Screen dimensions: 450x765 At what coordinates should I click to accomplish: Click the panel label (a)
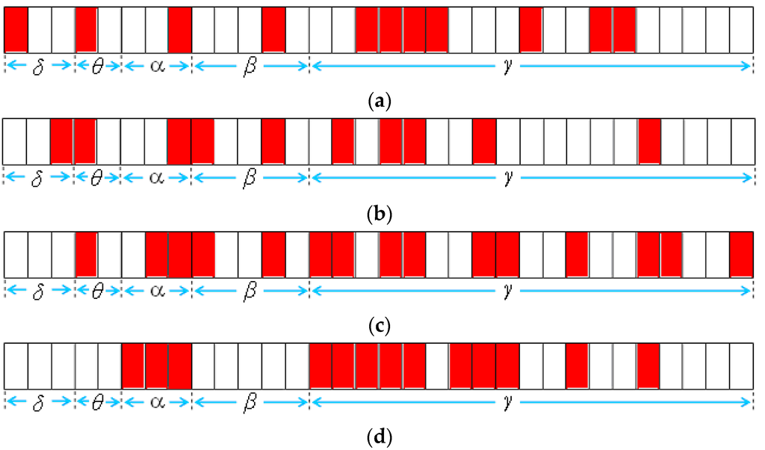coord(382,101)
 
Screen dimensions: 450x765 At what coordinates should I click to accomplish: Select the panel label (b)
coord(382,213)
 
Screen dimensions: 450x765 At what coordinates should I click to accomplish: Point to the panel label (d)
coord(382,437)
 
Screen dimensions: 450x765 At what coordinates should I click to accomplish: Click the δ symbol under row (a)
coord(39,67)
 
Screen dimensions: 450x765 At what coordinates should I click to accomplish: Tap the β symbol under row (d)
coord(250,403)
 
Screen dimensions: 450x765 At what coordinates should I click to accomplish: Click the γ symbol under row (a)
coord(508,66)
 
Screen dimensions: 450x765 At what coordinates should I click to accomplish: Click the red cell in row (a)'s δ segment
coord(16,29)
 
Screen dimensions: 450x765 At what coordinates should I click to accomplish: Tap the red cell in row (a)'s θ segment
coord(86,29)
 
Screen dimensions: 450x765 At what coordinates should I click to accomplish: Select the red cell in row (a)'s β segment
coord(273,29)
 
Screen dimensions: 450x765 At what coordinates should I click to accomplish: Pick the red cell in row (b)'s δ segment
coord(62,141)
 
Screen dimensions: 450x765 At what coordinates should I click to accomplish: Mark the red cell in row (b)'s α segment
coord(179,141)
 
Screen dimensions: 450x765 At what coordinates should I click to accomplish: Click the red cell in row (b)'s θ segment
coord(85,141)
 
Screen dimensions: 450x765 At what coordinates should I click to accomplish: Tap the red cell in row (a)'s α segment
coord(179,29)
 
